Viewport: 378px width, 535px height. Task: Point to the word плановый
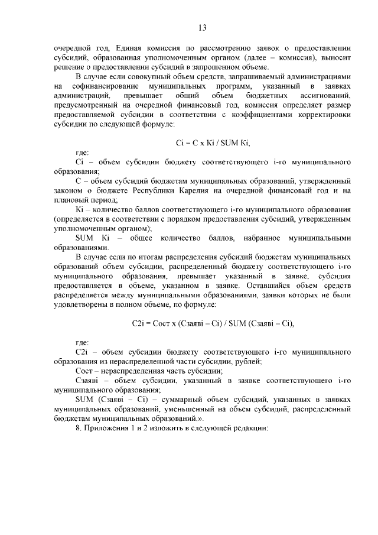coord(71,200)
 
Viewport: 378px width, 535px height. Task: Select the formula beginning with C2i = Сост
coord(213,323)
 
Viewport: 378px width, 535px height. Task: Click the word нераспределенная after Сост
coord(128,371)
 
